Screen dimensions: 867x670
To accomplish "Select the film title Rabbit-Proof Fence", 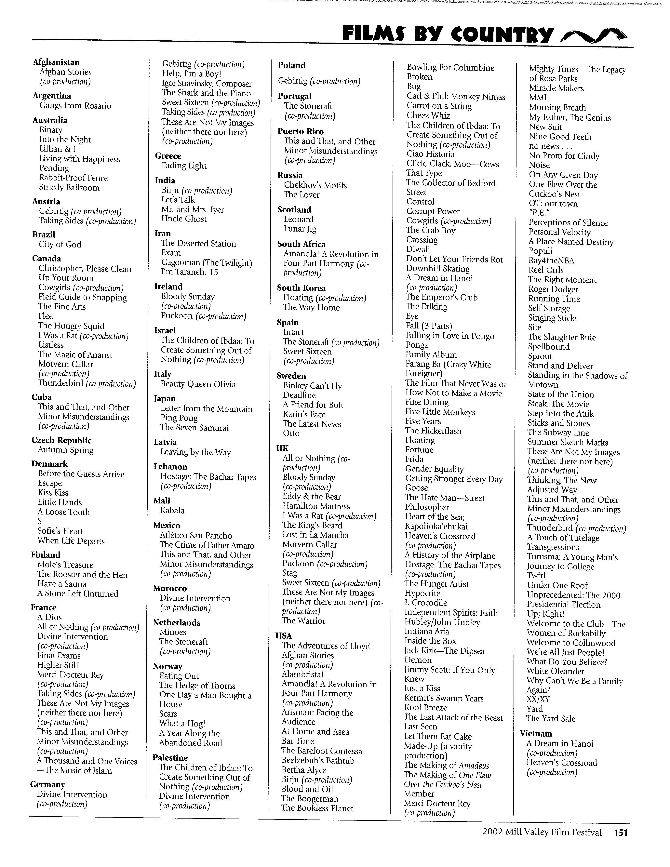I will point(74,178).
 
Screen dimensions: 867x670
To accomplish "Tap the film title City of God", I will point(60,245).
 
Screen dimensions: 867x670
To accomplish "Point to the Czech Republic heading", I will point(61,440).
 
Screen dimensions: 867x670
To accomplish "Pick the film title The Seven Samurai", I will point(194,428).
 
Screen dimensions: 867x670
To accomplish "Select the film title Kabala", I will point(172,511).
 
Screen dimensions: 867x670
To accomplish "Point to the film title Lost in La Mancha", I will point(315,535).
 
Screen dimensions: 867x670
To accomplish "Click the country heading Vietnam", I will point(536,734).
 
